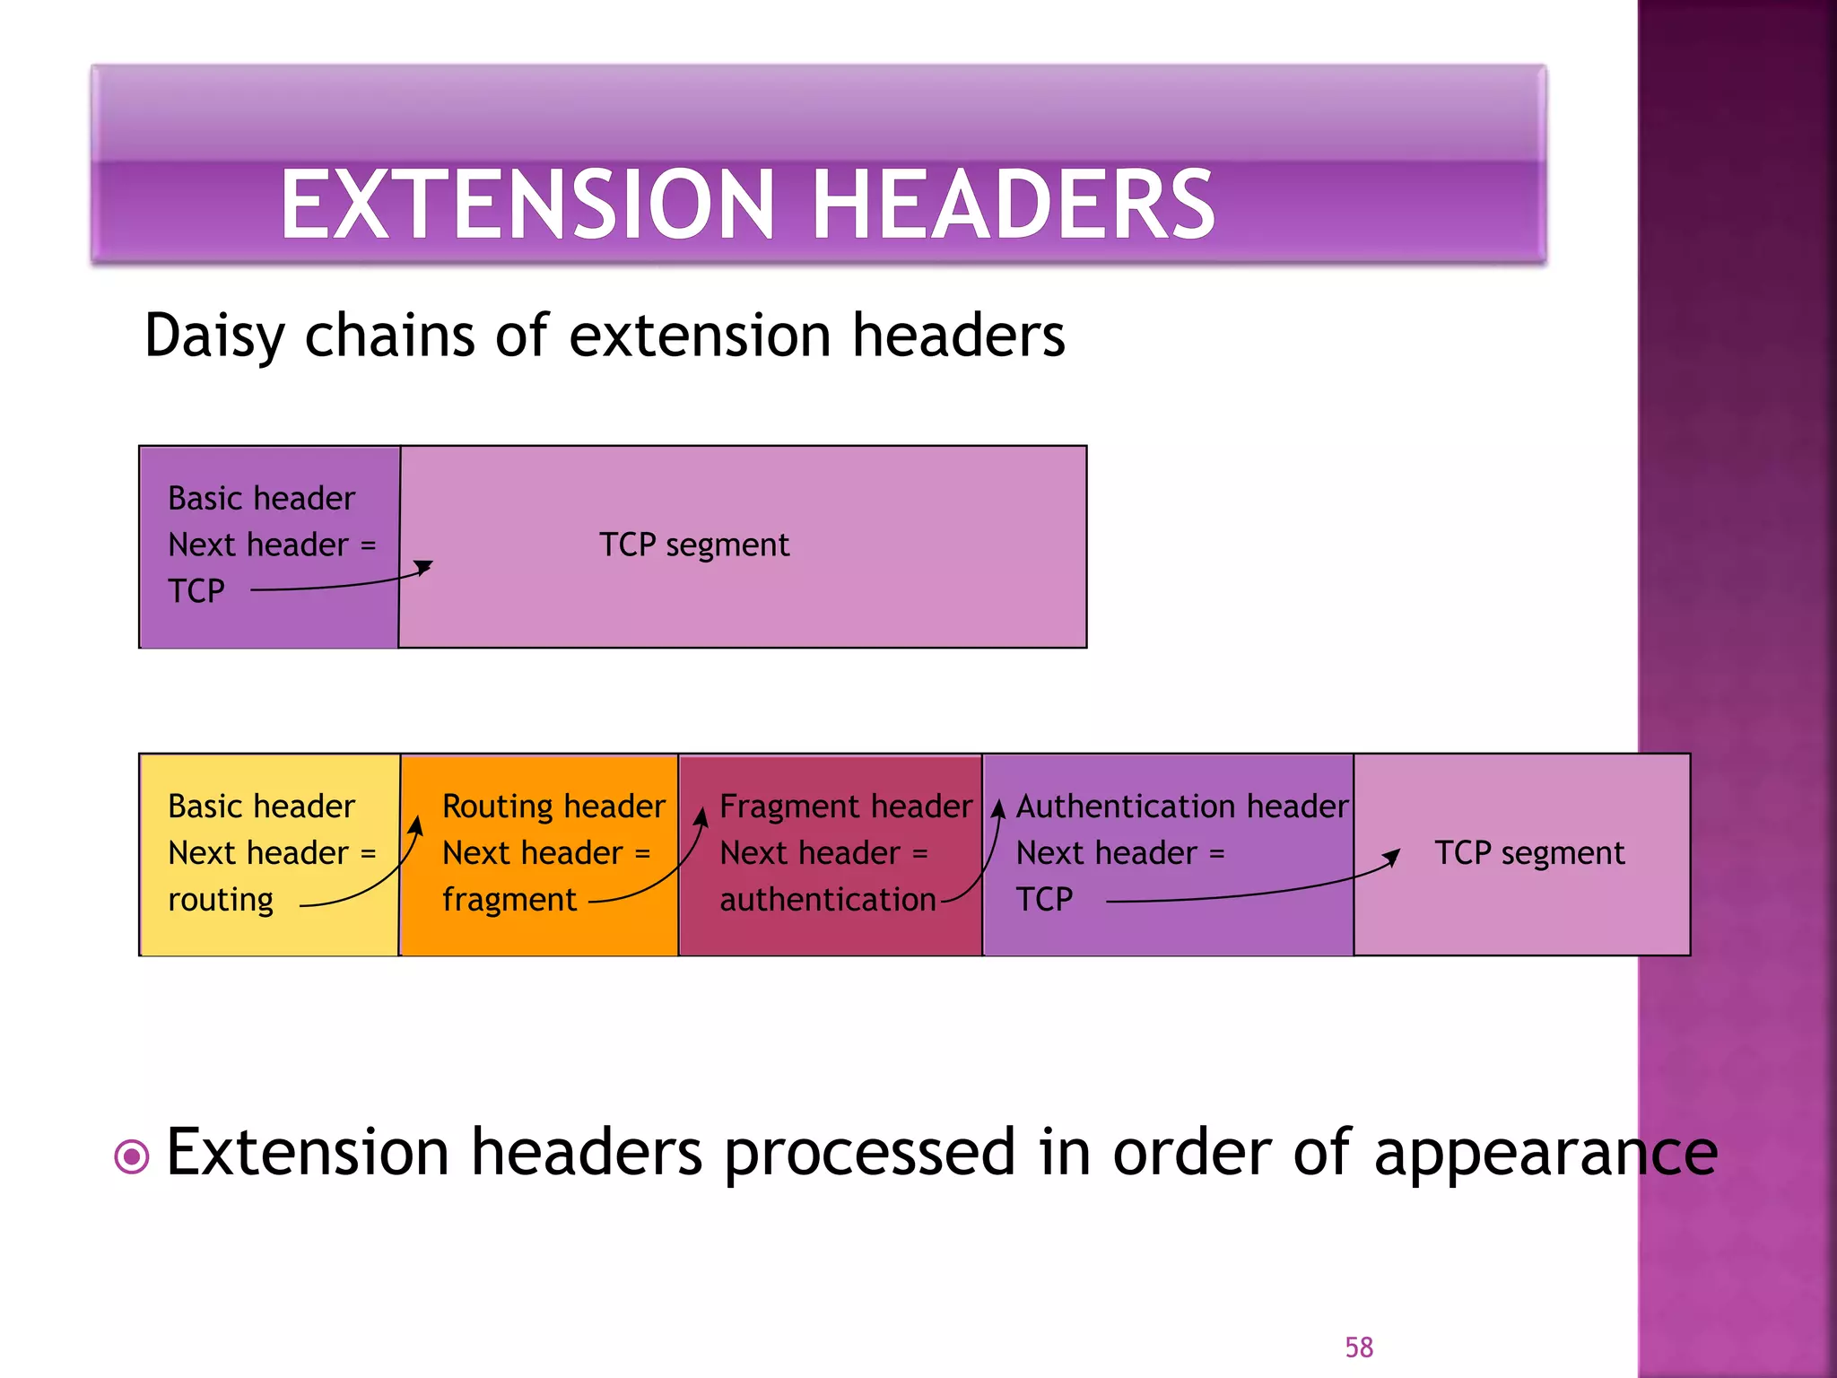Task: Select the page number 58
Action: [x=1358, y=1347]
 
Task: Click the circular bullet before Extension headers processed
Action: [x=132, y=1156]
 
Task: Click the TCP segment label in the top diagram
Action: [x=694, y=545]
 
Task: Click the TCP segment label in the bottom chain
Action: [x=1528, y=852]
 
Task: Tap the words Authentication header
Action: [x=1181, y=806]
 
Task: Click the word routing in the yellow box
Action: [x=221, y=900]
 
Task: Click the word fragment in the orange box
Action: [x=509, y=900]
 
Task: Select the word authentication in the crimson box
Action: [x=827, y=900]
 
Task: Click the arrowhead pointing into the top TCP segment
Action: [x=425, y=567]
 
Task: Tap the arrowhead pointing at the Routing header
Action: [x=416, y=823]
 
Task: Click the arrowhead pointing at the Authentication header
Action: [x=997, y=808]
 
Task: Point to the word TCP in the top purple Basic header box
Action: [x=196, y=591]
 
